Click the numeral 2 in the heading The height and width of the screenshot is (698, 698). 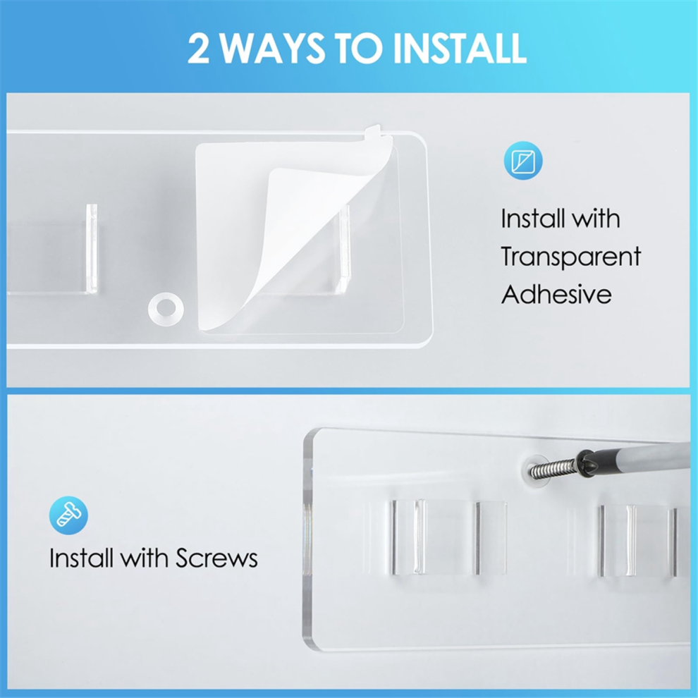tap(199, 48)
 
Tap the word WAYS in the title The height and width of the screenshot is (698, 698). tap(273, 48)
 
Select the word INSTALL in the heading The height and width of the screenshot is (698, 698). tap(460, 48)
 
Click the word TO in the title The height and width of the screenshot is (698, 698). tap(360, 48)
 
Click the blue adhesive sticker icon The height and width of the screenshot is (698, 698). tap(523, 161)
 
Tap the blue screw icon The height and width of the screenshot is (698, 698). tap(68, 515)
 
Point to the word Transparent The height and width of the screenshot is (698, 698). tap(570, 257)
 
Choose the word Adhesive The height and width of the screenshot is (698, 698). tap(556, 294)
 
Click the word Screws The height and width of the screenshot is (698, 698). tap(216, 558)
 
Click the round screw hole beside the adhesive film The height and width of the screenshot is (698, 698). tap(166, 307)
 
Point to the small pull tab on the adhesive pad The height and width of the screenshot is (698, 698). tap(373, 132)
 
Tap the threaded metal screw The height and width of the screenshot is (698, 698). tap(552, 467)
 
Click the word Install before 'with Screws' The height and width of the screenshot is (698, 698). tap(81, 558)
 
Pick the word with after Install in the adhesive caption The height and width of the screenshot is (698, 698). tap(596, 219)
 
